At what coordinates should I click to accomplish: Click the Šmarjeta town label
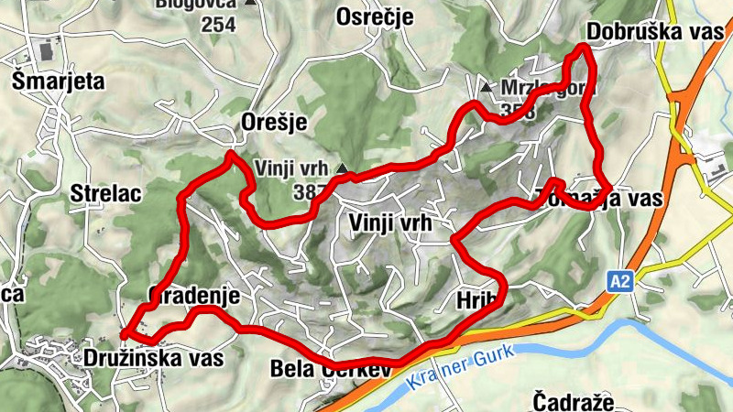coord(59,81)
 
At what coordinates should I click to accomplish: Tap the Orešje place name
coord(272,123)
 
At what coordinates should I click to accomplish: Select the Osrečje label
coord(375,17)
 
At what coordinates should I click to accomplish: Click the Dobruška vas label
coord(654,31)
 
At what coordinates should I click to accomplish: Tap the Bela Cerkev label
coord(331,369)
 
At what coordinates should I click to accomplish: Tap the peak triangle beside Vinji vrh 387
coord(343,168)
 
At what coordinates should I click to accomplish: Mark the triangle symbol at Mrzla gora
coord(486,88)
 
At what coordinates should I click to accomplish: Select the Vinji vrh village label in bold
coord(389,222)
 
